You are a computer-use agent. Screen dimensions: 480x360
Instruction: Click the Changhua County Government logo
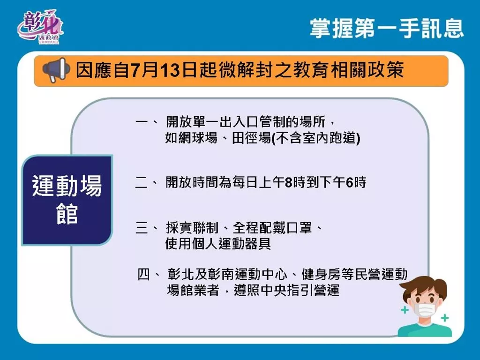pyautogui.click(x=40, y=27)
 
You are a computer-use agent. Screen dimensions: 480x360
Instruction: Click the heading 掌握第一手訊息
pyautogui.click(x=387, y=29)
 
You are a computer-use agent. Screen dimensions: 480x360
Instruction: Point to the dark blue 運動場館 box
pyautogui.click(x=67, y=200)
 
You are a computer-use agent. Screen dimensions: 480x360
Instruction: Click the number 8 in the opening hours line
pyautogui.click(x=288, y=182)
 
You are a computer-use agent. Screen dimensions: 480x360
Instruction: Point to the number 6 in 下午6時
pyautogui.click(x=349, y=182)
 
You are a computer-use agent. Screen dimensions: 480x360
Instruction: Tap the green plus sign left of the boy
pyautogui.click(x=405, y=310)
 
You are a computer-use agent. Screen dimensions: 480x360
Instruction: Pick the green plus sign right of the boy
pyautogui.click(x=445, y=318)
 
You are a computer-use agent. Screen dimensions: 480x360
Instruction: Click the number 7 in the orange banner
pyautogui.click(x=136, y=70)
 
